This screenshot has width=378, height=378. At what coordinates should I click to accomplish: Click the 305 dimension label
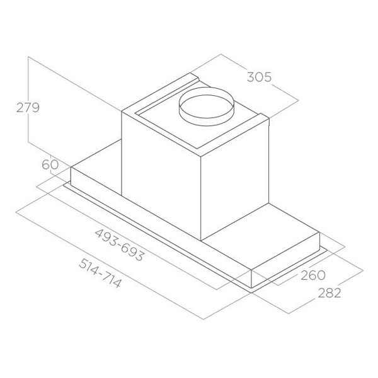[259, 77]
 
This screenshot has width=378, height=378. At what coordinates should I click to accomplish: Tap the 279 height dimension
[28, 108]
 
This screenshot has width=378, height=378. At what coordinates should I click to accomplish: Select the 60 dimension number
[50, 164]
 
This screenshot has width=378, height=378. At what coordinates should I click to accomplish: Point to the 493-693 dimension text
[120, 245]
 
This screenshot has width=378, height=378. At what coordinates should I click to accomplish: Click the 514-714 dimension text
[100, 273]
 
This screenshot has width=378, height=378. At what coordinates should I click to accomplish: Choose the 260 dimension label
[313, 275]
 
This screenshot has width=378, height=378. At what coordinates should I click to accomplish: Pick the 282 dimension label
[329, 293]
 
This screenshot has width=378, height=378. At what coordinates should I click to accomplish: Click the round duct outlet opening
[206, 106]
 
